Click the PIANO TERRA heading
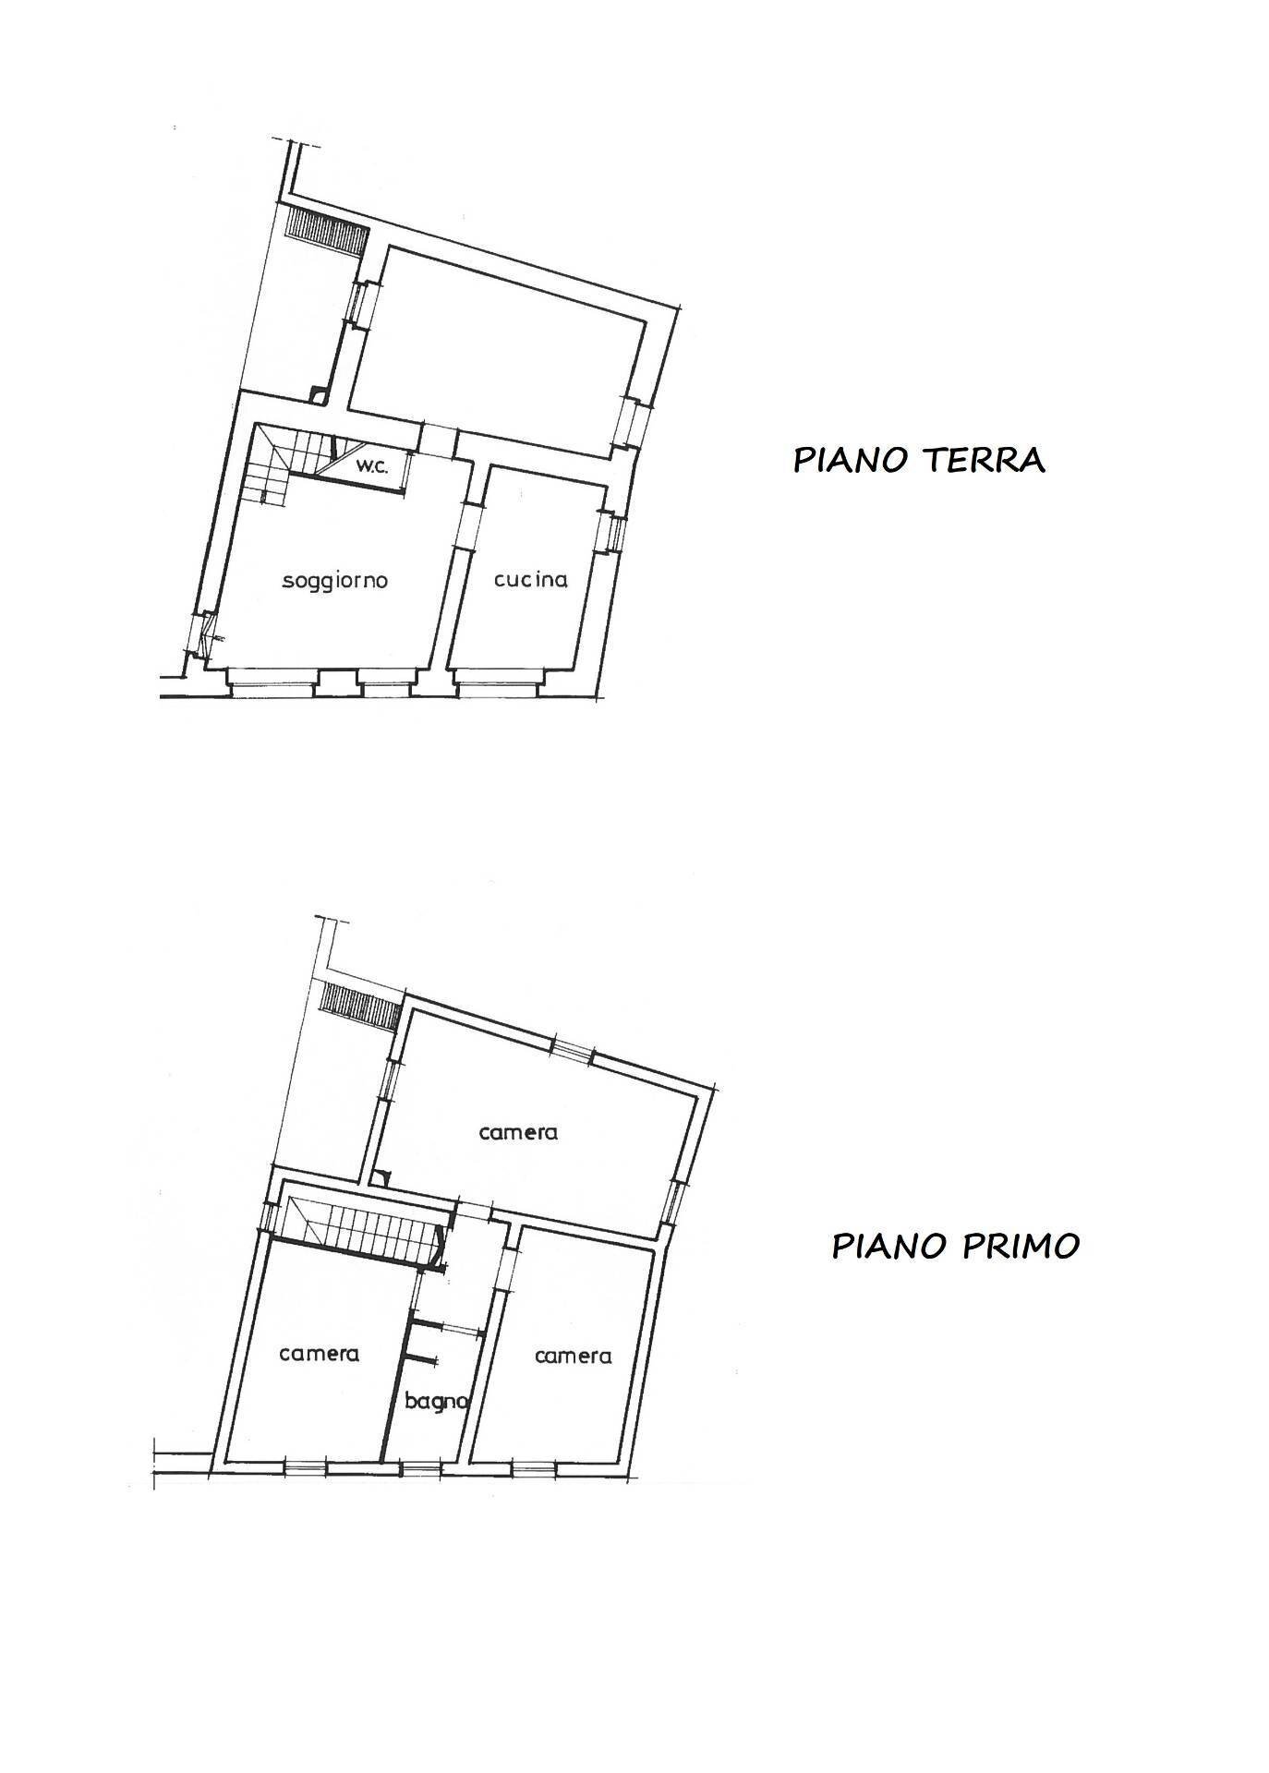(919, 459)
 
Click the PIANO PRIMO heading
(956, 1246)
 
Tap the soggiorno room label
(335, 581)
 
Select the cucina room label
(531, 579)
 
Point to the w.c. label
(372, 466)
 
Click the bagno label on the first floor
(437, 1401)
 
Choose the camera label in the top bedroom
(518, 1132)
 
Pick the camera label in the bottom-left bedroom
(319, 1354)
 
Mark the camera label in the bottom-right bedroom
(573, 1356)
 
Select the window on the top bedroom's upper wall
(573, 1051)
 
